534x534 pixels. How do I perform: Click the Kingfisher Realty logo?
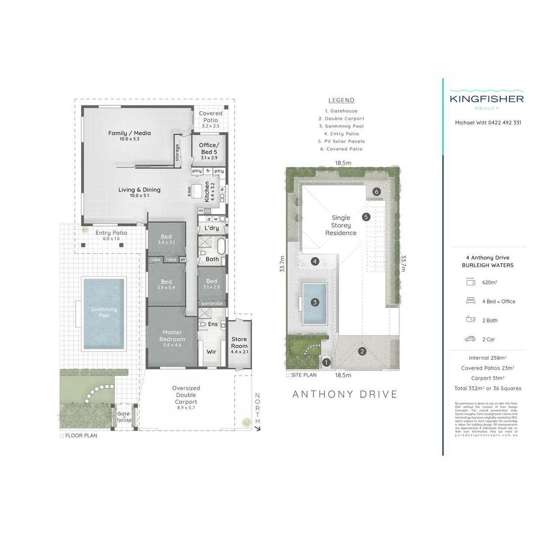click(x=487, y=101)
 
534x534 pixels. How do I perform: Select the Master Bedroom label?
click(x=172, y=336)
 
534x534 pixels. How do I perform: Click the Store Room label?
click(x=239, y=343)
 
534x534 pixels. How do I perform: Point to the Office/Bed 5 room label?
click(x=209, y=148)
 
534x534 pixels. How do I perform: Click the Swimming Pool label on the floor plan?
click(x=104, y=312)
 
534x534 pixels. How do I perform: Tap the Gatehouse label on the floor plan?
click(x=124, y=417)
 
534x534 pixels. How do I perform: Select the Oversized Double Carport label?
click(x=186, y=395)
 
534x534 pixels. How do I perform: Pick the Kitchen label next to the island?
click(x=207, y=191)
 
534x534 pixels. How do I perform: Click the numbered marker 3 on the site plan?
click(x=314, y=302)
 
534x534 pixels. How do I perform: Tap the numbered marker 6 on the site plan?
click(x=376, y=192)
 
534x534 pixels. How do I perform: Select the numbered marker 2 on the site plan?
click(x=362, y=352)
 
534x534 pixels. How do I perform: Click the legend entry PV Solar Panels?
click(x=341, y=141)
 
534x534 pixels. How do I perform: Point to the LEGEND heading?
click(x=341, y=100)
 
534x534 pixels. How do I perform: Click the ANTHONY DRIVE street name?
click(x=345, y=394)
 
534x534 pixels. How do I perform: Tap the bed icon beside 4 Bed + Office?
click(x=470, y=301)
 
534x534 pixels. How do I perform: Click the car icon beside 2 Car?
click(x=470, y=339)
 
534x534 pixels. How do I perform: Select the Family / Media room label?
click(x=129, y=133)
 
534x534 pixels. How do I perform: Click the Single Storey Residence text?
click(x=341, y=225)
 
